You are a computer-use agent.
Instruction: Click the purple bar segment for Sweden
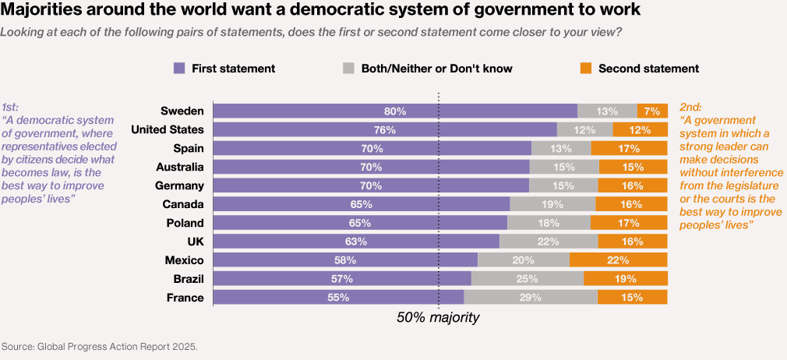pos(395,111)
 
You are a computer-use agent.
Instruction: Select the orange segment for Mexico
pos(618,260)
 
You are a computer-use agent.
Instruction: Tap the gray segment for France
pos(531,298)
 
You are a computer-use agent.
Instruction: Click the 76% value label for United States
pos(385,129)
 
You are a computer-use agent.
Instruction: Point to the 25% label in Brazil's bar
pos(528,279)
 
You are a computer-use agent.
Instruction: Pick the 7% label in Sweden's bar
pos(652,111)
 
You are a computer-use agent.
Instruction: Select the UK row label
pos(195,242)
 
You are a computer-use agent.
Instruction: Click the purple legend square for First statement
pos(180,69)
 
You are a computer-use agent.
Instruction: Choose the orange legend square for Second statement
pos(586,69)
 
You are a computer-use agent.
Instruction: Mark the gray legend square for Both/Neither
pos(349,69)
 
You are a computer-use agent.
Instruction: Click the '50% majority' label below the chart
pos(438,318)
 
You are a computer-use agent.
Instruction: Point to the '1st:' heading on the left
pos(11,107)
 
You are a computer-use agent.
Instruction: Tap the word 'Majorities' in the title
pos(48,12)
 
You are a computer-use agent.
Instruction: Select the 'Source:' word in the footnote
pos(18,345)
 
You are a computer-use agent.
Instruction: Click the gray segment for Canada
pos(552,204)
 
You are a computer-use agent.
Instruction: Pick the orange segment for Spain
pos(629,148)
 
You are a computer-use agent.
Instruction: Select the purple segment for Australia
pos(371,167)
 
